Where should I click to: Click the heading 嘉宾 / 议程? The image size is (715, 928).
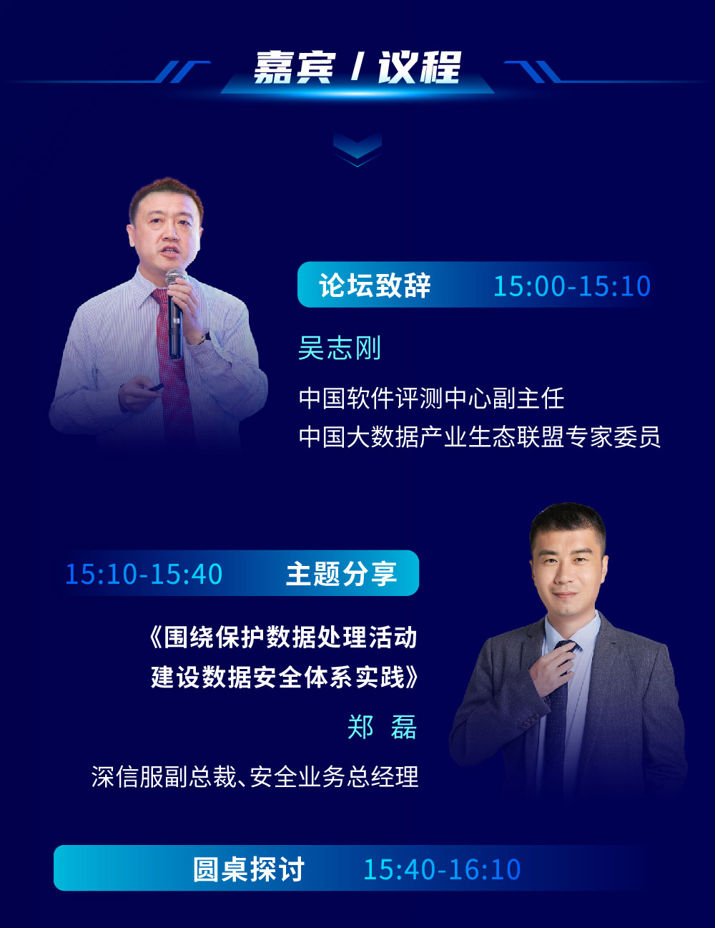pos(357,67)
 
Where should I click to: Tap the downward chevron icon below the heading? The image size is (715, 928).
pos(357,150)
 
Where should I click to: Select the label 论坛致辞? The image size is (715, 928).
pos(375,285)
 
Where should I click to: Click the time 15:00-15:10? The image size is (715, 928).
pos(572,285)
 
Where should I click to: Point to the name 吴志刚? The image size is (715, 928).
pos(339,348)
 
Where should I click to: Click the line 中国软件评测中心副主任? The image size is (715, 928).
pos(431,399)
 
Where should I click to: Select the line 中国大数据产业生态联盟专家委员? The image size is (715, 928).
pos(480,436)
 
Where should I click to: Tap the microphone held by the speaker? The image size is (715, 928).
pos(175,312)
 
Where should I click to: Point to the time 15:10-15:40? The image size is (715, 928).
pos(144,574)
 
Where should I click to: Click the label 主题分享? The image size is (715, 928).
pos(341,574)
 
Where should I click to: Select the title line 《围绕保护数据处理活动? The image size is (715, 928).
pos(283,638)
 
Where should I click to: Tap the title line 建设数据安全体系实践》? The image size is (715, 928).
pos(284,677)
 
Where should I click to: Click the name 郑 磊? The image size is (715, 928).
pos(382,727)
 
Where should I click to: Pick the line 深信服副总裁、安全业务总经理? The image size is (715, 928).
pos(255,776)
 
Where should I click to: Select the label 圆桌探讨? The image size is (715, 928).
pos(248,869)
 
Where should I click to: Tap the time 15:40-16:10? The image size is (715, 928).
pos(442,869)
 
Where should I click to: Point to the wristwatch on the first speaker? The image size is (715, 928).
pos(203,338)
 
